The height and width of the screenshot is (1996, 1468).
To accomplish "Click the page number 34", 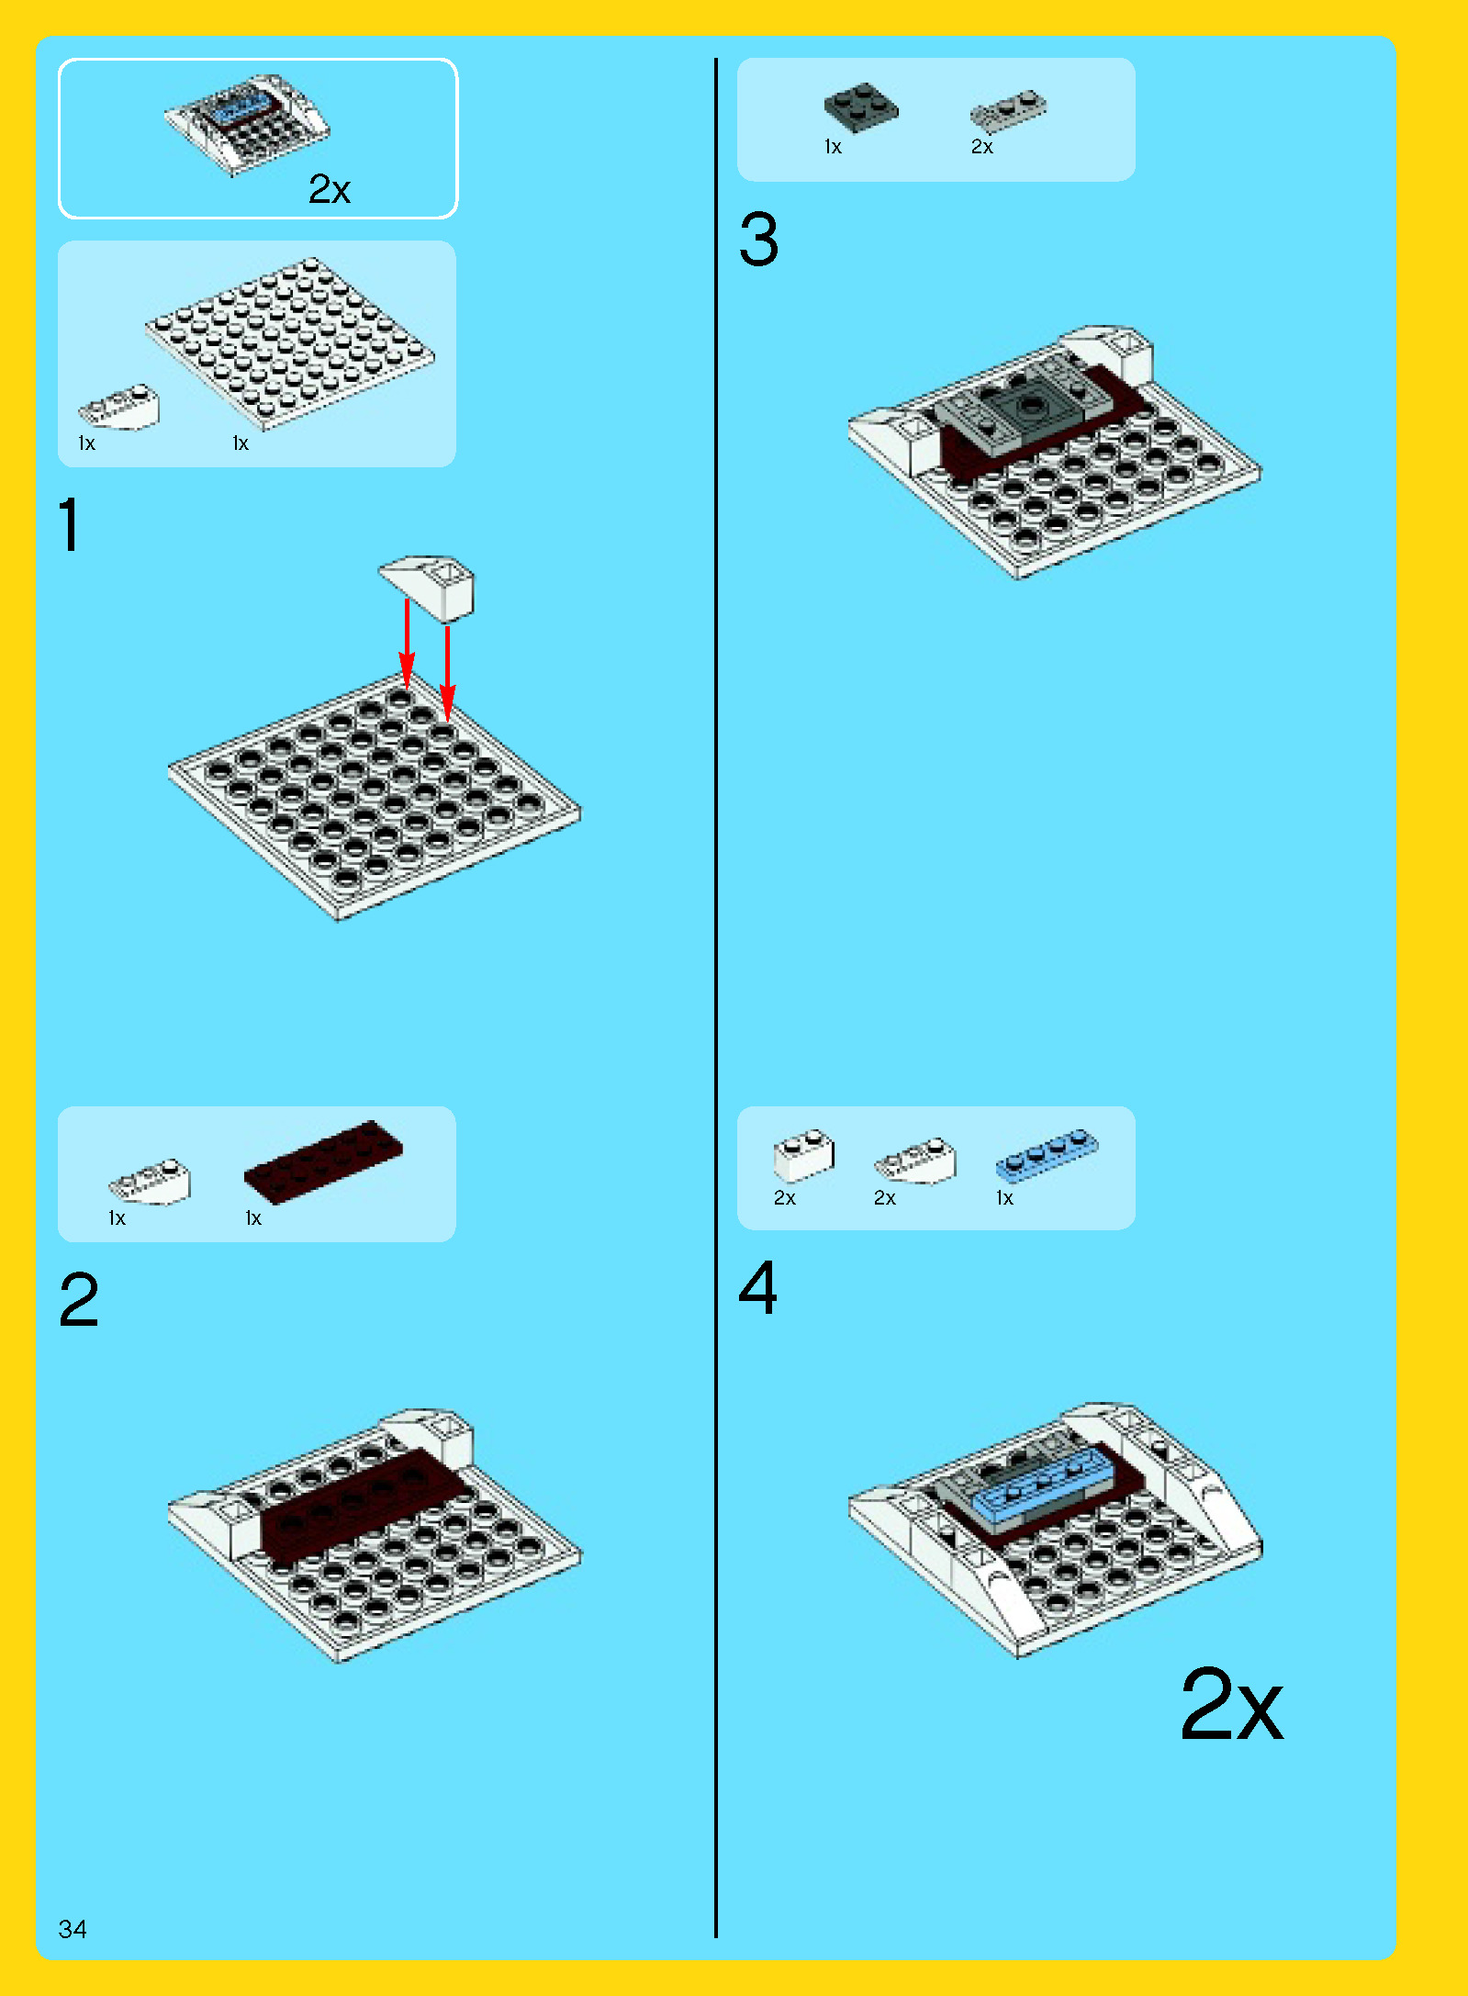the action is click(x=73, y=1929).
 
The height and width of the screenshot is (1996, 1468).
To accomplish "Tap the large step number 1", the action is click(x=70, y=523).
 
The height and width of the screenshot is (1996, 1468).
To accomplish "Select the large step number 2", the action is click(x=79, y=1300).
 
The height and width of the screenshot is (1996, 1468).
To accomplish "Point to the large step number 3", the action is click(x=759, y=240).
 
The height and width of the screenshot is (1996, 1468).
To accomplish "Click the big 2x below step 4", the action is click(x=1232, y=1704).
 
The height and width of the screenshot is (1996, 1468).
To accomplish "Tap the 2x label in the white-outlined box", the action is click(x=330, y=189).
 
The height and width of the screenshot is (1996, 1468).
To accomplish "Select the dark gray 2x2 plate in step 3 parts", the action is click(x=861, y=107).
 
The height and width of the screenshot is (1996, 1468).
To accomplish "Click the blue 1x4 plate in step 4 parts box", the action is click(x=1047, y=1154).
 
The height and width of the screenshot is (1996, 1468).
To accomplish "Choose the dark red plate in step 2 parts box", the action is click(x=323, y=1161).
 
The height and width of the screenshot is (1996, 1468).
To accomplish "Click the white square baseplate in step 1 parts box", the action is click(x=290, y=344).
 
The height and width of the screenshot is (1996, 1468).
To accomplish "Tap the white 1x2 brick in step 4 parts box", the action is click(x=804, y=1156).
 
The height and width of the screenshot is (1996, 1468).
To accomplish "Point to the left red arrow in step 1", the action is click(x=407, y=644).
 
